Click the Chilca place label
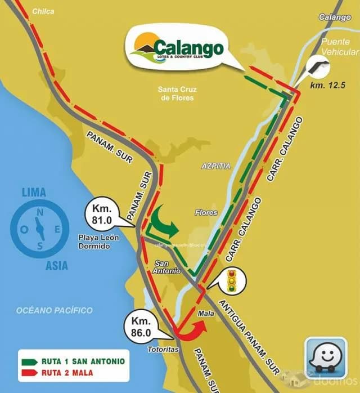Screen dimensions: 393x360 tap(43, 11)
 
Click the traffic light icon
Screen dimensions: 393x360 tap(231, 280)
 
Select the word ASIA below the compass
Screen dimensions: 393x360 tap(57, 266)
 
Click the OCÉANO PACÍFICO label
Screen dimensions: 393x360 tap(54, 310)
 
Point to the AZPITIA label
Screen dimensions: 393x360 tap(216, 167)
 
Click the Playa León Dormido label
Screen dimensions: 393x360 tap(98, 242)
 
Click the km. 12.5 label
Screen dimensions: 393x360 tap(327, 86)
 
